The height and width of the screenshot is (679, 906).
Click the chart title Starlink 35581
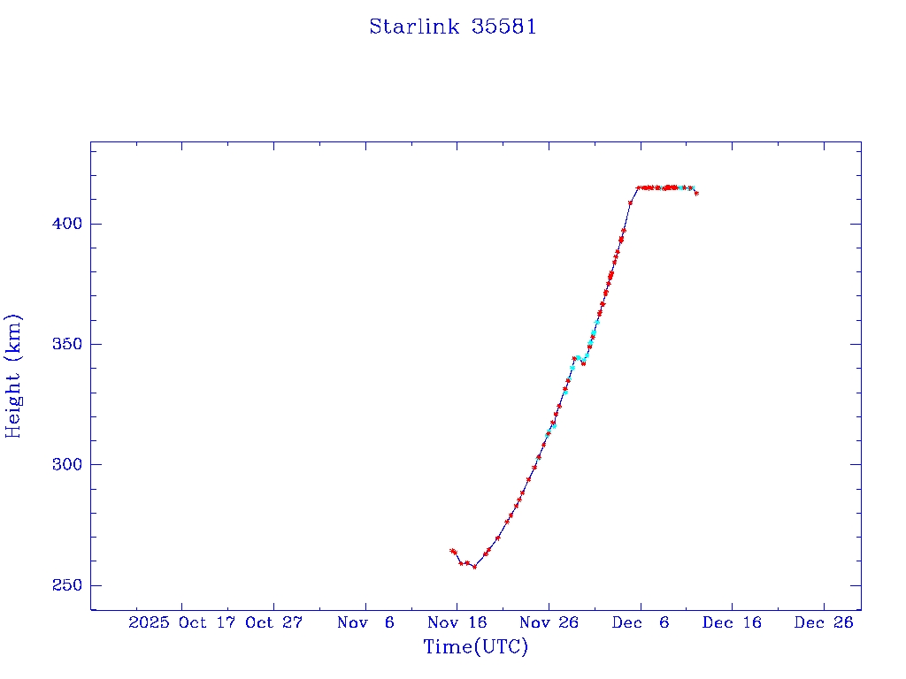pos(452,27)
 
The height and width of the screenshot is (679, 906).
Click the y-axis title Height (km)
pos(13,376)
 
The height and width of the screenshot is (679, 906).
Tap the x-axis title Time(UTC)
pos(475,647)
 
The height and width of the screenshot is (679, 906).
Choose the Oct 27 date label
pos(273,622)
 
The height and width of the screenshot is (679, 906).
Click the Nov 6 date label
pos(365,622)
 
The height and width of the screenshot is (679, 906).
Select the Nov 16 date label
pos(457,622)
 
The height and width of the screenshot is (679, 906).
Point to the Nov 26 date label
pos(549,622)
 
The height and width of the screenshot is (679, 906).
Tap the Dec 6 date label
pos(641,622)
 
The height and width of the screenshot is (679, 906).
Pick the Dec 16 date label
pos(732,622)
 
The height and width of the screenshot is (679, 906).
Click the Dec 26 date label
pos(824,622)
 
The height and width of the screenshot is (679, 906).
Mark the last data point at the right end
pos(696,193)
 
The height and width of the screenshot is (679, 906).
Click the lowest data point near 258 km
pos(474,567)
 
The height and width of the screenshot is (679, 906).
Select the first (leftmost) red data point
pos(451,551)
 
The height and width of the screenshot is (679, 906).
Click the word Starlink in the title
pos(414,27)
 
